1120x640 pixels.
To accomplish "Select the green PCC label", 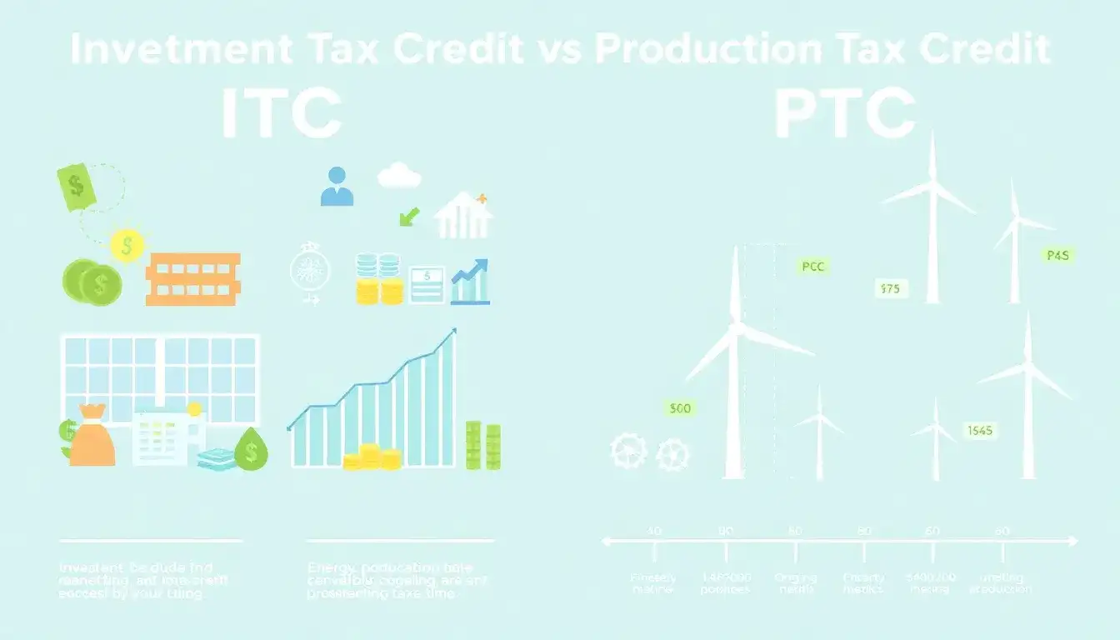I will pos(812,267).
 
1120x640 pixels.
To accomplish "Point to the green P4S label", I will pos(1057,256).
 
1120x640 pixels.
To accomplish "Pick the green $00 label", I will pos(680,408).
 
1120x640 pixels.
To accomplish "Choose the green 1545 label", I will pos(981,431).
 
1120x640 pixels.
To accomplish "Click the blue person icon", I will pos(337,187).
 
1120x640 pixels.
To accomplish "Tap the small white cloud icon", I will pos(399,176).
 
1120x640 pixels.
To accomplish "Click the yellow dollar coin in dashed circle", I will pos(127,245).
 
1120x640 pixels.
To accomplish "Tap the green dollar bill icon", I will pos(77,186).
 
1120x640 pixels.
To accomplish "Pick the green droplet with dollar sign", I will pos(251,450).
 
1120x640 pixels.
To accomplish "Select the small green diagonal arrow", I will pos(408,217).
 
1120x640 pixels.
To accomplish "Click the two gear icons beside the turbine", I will pos(649,453).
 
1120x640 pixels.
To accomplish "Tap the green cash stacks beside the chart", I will pos(482,446).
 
